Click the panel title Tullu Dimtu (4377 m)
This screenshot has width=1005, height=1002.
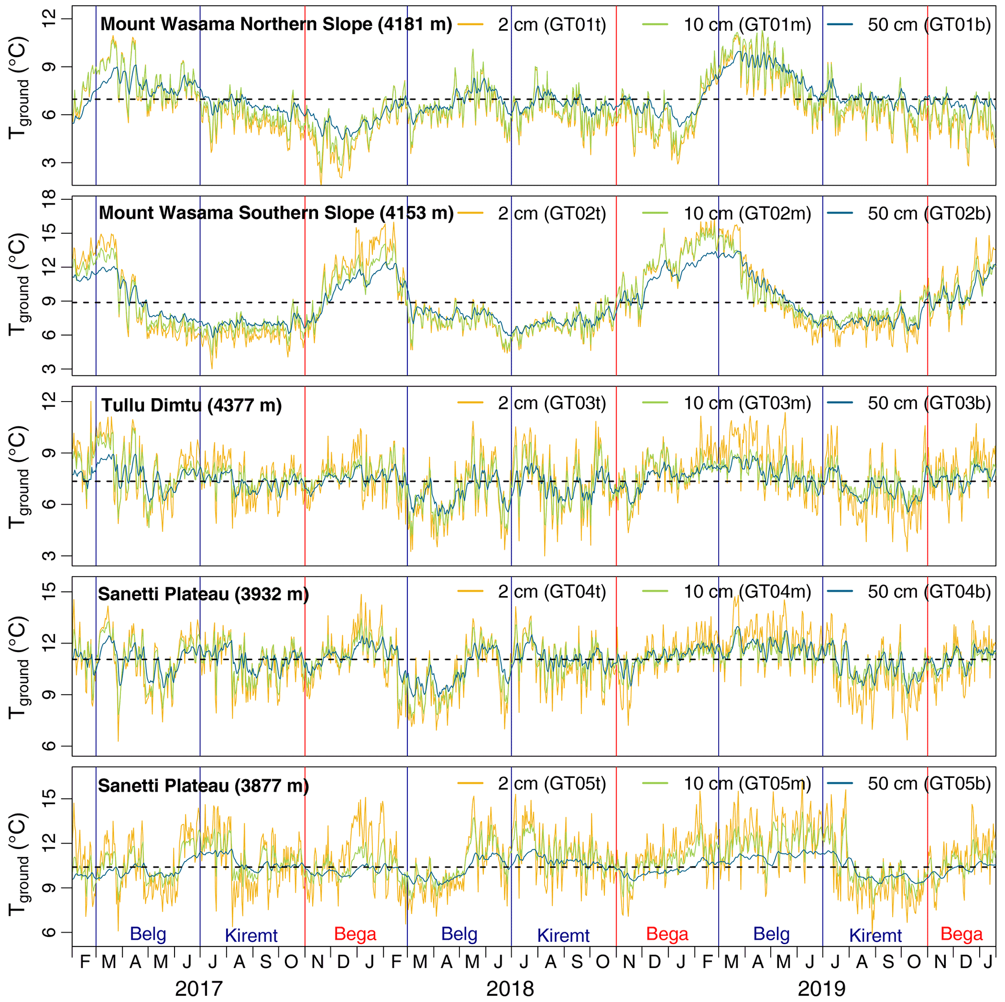(192, 405)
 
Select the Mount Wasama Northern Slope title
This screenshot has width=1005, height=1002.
(276, 24)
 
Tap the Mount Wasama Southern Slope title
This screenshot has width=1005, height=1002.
(276, 213)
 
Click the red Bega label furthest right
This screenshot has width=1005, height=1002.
(961, 934)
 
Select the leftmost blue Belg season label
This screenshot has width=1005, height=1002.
(148, 934)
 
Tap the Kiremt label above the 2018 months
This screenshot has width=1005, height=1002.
(564, 935)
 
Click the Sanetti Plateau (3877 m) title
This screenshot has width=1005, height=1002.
(203, 785)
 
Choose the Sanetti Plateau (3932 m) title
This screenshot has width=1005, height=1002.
(203, 594)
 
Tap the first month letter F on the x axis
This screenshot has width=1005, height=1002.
(85, 962)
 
